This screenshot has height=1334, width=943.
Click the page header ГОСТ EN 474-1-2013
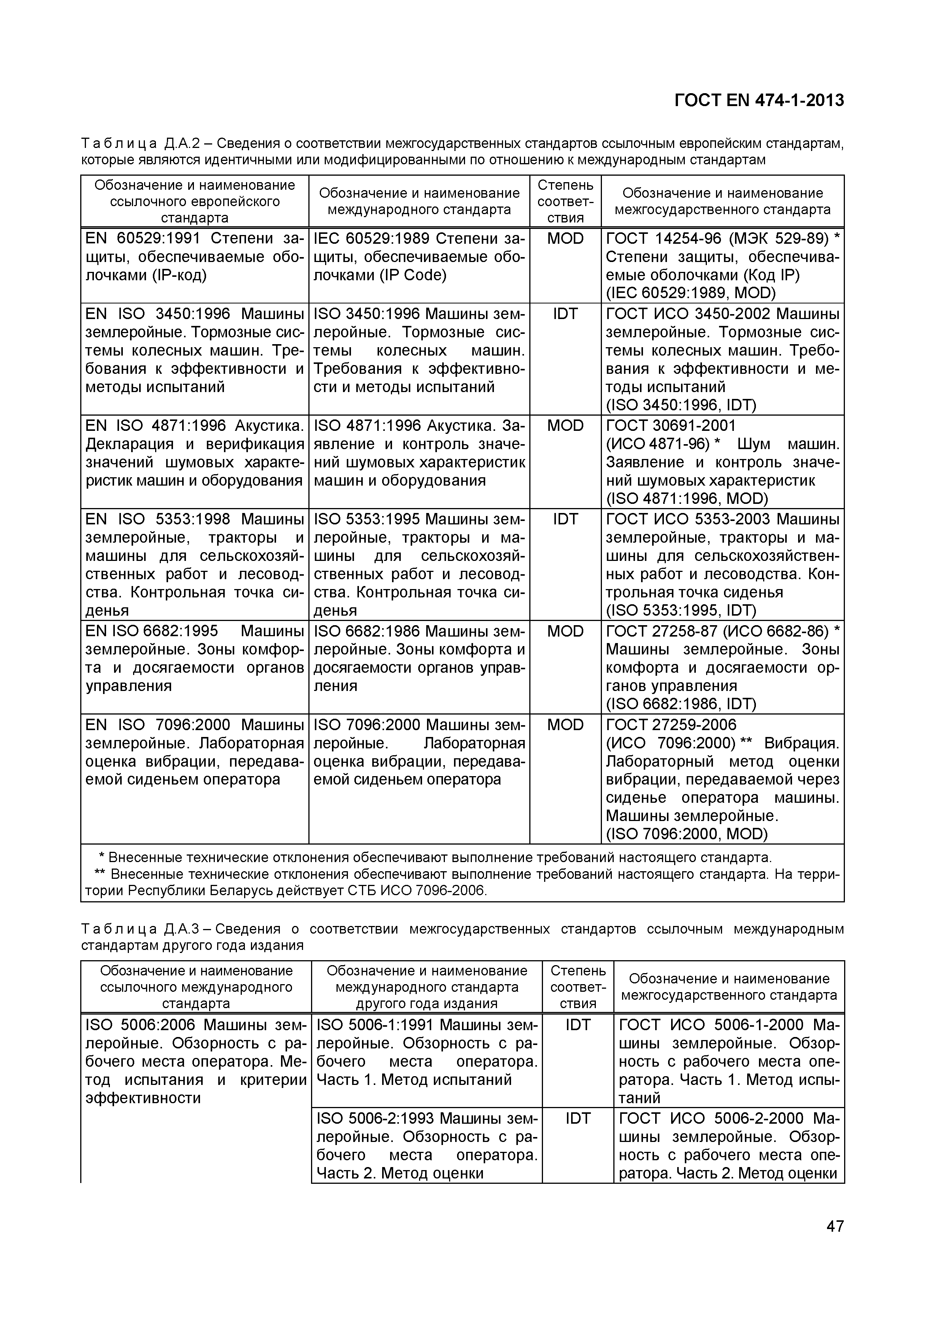click(759, 100)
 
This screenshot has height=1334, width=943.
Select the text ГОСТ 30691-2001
click(670, 426)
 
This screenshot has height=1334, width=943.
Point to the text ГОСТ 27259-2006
click(670, 725)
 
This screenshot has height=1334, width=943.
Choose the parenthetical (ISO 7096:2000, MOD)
click(686, 834)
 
